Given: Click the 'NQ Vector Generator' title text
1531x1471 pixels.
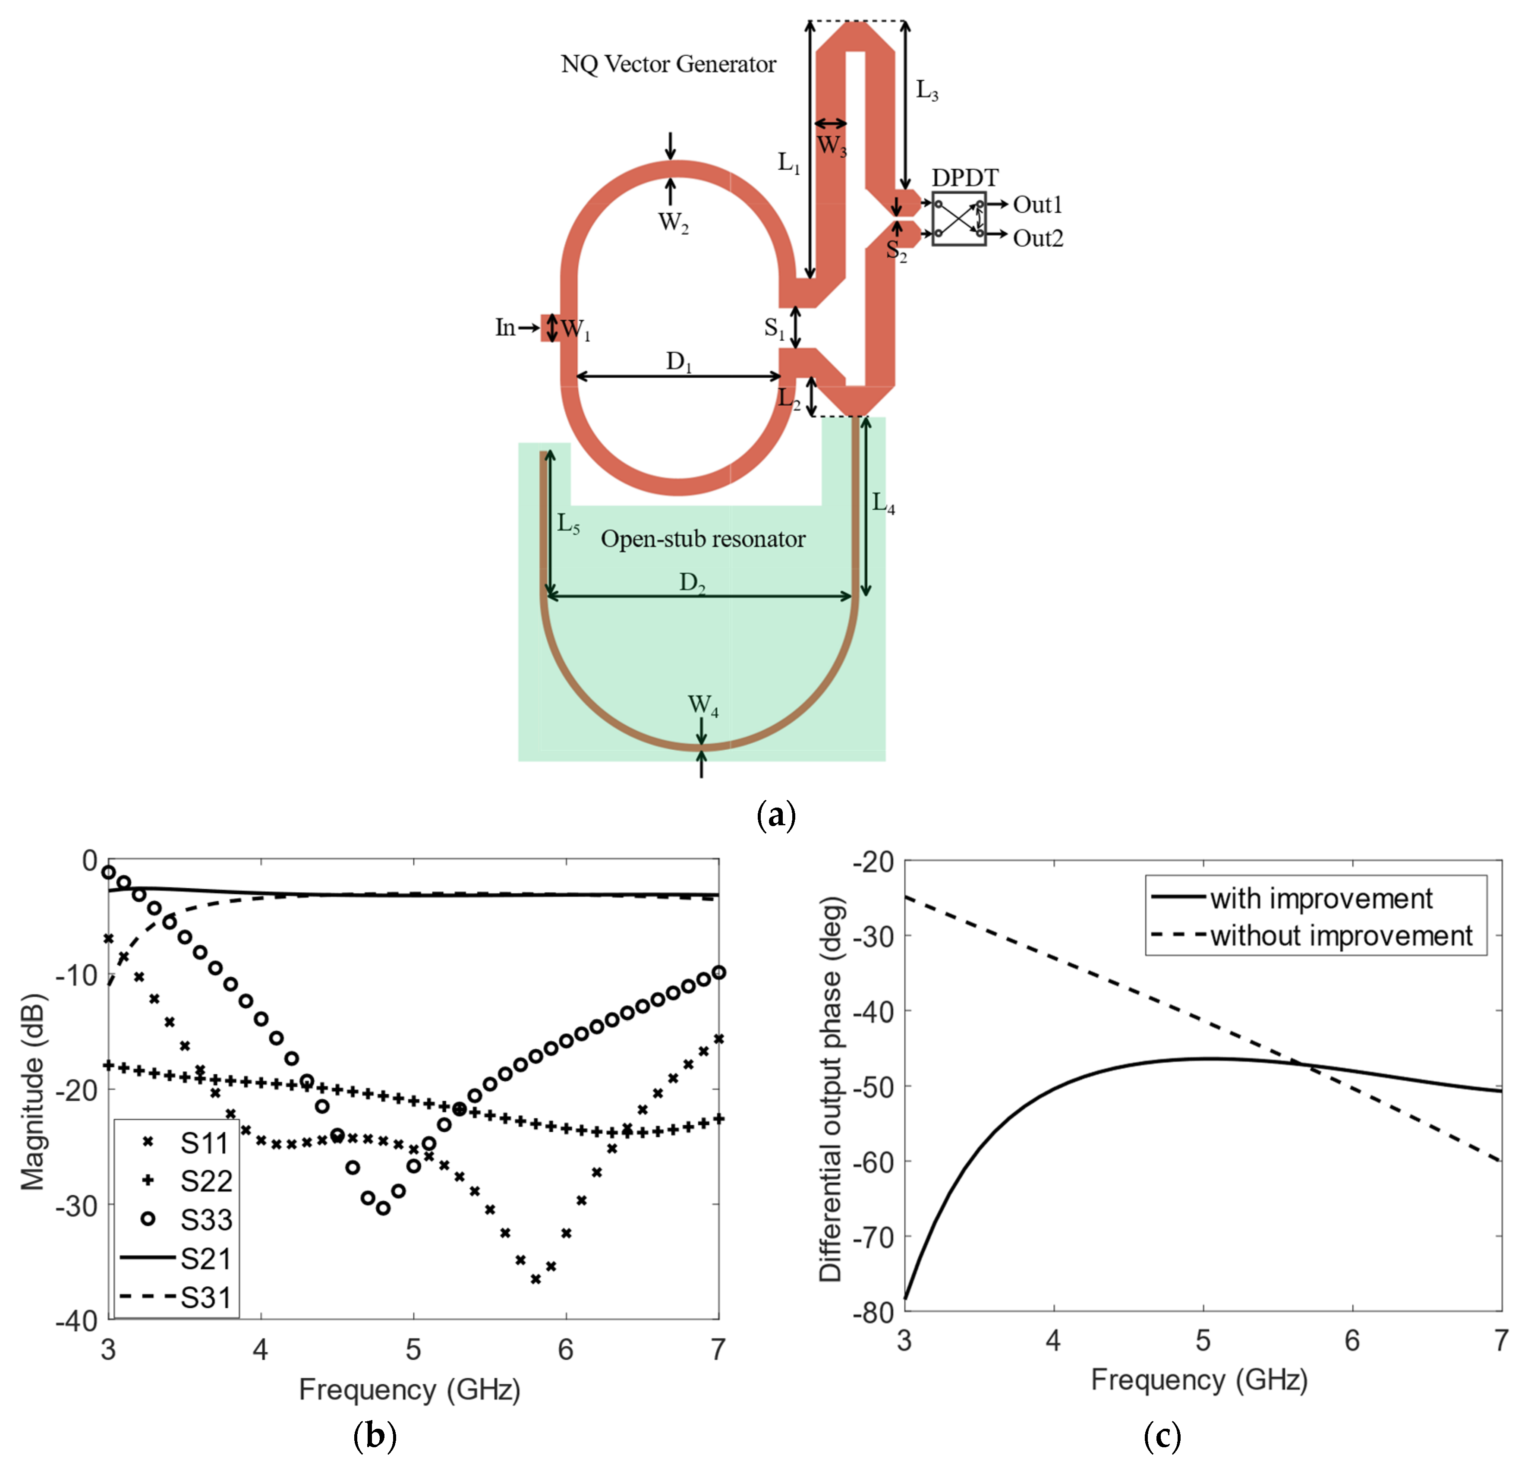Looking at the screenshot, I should [x=668, y=64].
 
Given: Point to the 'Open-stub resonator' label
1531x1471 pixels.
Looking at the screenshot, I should [x=703, y=539].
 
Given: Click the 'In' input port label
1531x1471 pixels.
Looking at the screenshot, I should [x=504, y=327].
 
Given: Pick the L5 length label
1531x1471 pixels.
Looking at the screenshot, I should [x=568, y=524].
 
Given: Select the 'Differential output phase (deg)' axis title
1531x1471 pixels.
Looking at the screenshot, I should [x=830, y=1090].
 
